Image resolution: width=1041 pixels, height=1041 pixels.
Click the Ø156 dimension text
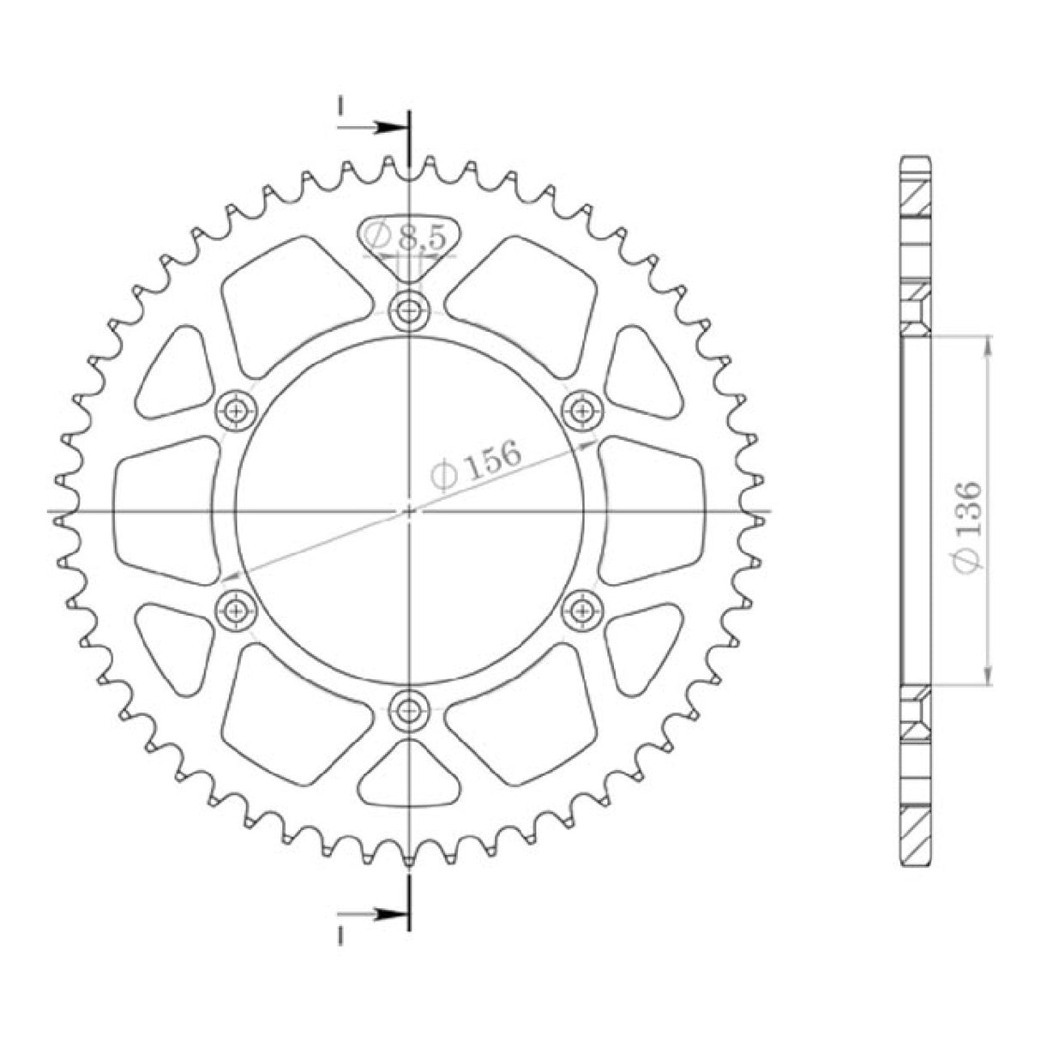[x=477, y=464]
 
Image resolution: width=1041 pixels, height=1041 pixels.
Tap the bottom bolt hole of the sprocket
[x=409, y=709]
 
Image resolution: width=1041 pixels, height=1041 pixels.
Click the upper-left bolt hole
[x=236, y=411]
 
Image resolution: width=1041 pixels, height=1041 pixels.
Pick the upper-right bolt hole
[x=583, y=411]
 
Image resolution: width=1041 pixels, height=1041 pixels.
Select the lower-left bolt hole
[x=236, y=610]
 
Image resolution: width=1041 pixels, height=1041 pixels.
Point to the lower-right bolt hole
[x=583, y=610]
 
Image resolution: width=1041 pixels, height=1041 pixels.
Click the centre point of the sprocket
[x=409, y=511]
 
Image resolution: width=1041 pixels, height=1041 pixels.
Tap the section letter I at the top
[x=341, y=106]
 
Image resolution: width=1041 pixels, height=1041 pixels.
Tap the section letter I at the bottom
[x=341, y=936]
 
